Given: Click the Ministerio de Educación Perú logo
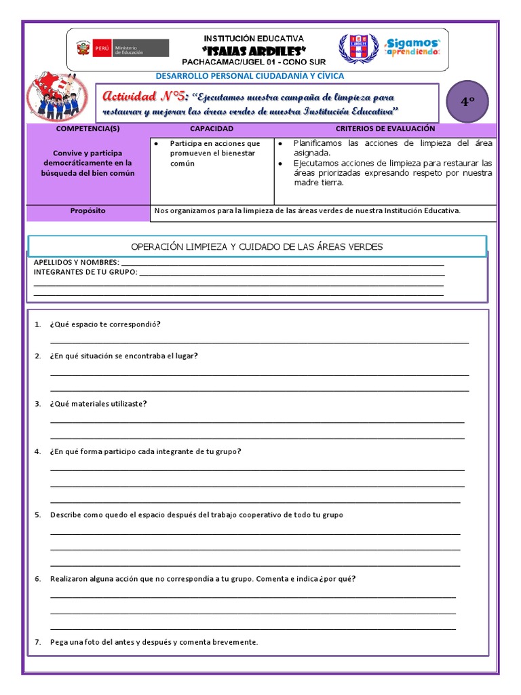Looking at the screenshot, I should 122,49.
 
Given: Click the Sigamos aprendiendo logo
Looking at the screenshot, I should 412,48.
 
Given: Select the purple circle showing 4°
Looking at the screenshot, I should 467,102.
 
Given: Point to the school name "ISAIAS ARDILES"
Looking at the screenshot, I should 254,51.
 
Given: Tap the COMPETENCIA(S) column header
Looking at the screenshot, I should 88,128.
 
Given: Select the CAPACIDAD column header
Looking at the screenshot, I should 211,128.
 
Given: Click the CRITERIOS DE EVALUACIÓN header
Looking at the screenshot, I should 385,128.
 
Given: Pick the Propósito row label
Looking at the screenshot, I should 88,211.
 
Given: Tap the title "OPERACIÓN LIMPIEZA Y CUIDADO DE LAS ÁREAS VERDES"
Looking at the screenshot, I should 256,246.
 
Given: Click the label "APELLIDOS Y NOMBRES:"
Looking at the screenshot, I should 76,263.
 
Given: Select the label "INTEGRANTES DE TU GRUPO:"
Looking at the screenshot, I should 85,272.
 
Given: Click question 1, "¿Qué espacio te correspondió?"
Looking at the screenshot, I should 105,324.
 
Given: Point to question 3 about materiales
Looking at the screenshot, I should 98,404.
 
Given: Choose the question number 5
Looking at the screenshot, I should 38,515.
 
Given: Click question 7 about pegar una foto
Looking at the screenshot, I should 154,642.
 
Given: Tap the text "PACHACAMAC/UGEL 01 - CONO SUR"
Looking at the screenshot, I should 254,62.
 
